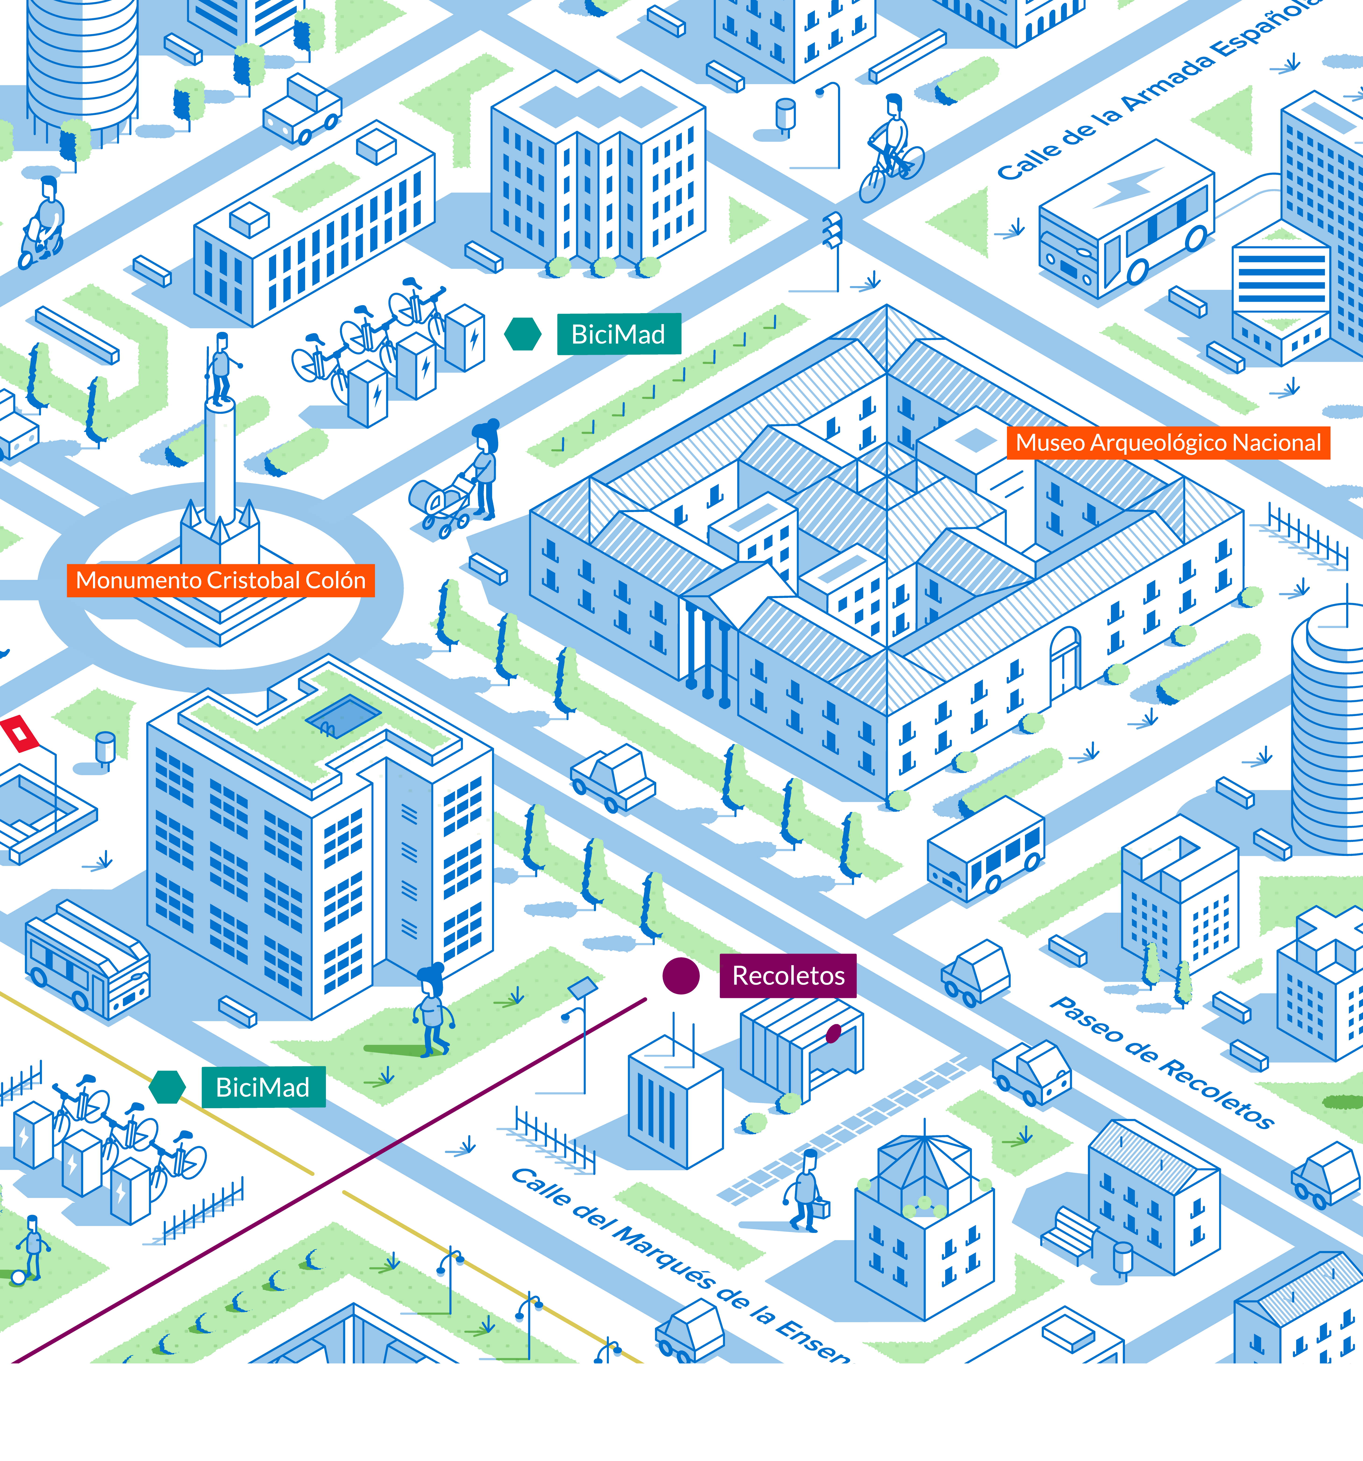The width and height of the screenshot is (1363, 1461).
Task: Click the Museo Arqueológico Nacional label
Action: [1167, 443]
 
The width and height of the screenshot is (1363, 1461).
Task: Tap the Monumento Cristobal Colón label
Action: [221, 581]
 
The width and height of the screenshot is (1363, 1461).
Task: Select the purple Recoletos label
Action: [788, 976]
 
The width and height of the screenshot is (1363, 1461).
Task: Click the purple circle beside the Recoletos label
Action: [680, 976]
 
